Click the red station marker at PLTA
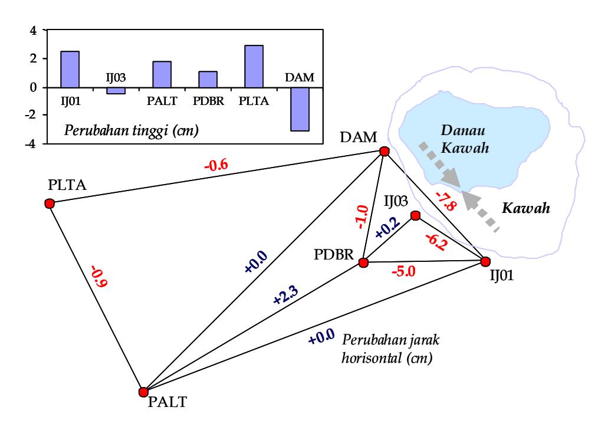coord(50,203)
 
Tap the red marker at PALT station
coord(143,392)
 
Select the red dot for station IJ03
coord(415,215)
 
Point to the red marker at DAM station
coord(384,151)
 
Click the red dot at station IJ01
coord(485,262)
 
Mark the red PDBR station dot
coord(363,263)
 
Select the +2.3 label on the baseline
coord(286,295)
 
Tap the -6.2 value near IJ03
coord(436,242)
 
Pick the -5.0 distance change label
coord(403,271)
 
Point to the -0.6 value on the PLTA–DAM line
coord(216,166)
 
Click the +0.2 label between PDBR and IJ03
coord(388,228)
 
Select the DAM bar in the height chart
coord(300,109)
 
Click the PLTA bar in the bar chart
coord(254,66)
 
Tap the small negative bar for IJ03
coord(116,91)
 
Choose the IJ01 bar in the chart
coord(70,70)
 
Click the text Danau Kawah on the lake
coord(465,139)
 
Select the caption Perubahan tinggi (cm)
coord(131,131)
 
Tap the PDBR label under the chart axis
coord(208,101)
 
